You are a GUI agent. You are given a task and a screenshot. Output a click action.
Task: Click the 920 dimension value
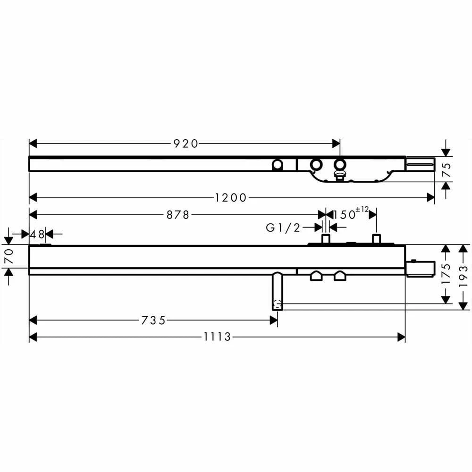click(185, 144)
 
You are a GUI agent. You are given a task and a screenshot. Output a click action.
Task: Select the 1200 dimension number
click(231, 198)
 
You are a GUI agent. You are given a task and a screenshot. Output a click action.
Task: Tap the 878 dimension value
click(177, 215)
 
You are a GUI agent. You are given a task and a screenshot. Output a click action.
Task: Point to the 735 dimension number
click(153, 320)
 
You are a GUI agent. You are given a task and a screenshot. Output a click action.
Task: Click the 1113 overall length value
click(217, 337)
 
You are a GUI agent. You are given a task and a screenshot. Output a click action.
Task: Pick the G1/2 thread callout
click(283, 228)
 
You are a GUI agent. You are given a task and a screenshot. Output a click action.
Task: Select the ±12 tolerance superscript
click(362, 210)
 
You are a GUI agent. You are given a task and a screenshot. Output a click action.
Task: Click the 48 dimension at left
click(37, 234)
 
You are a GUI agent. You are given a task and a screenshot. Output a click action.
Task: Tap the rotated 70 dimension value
click(9, 256)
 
